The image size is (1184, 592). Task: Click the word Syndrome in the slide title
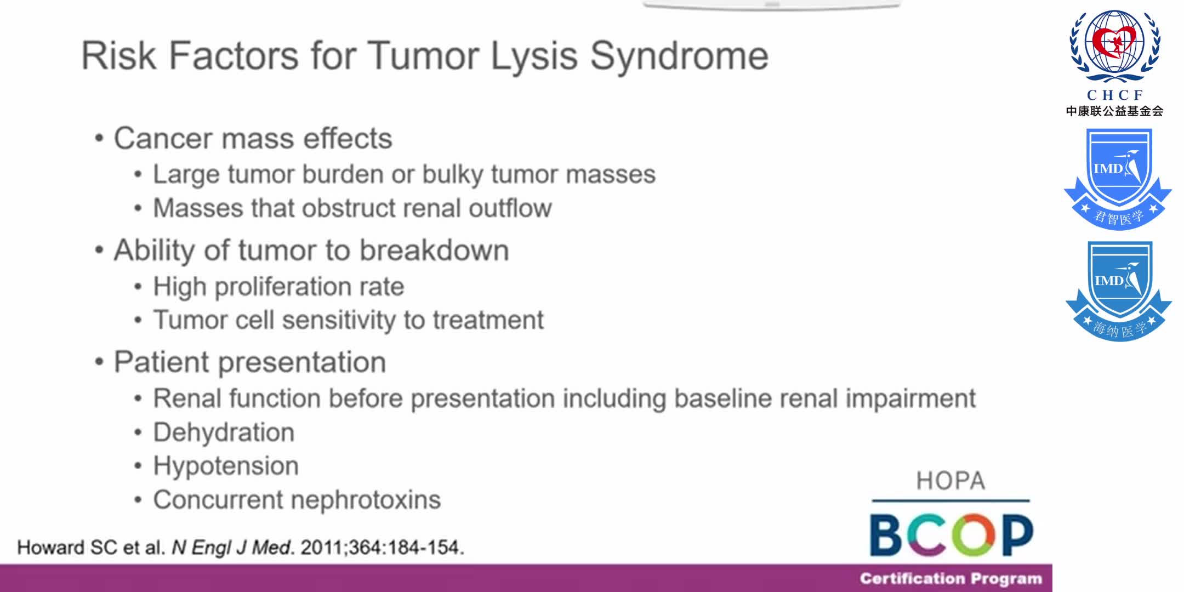pos(679,56)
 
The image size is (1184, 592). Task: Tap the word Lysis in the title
pos(534,56)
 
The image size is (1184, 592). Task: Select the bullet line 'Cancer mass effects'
pos(253,138)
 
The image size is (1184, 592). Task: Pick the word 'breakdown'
pos(434,251)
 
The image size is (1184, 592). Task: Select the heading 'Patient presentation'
pos(249,362)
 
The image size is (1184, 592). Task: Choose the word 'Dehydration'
pos(224,432)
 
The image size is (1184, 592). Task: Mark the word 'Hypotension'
pos(226,466)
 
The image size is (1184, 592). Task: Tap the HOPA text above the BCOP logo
pos(950,481)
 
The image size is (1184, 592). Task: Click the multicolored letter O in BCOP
pos(974,534)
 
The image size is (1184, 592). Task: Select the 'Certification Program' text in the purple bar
pos(950,579)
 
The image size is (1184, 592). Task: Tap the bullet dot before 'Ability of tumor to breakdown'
pos(99,251)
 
